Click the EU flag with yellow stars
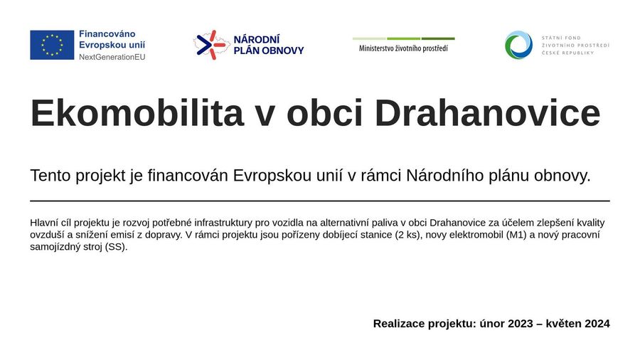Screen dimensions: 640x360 coord(52,45)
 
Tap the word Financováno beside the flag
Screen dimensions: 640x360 coord(107,34)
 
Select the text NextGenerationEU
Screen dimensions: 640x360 coord(112,57)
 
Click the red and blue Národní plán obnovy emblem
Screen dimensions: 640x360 coord(211,45)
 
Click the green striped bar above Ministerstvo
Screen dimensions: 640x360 coord(404,39)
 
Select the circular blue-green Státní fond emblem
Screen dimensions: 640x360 coord(518,45)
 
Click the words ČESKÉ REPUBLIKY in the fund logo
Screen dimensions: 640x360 coord(567,53)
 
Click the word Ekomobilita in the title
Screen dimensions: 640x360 coord(137,113)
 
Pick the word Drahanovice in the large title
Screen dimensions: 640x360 coord(487,113)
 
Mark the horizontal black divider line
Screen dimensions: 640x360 coord(320,201)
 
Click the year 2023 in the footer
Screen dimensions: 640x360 coord(521,324)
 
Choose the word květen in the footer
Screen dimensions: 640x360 coord(564,324)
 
